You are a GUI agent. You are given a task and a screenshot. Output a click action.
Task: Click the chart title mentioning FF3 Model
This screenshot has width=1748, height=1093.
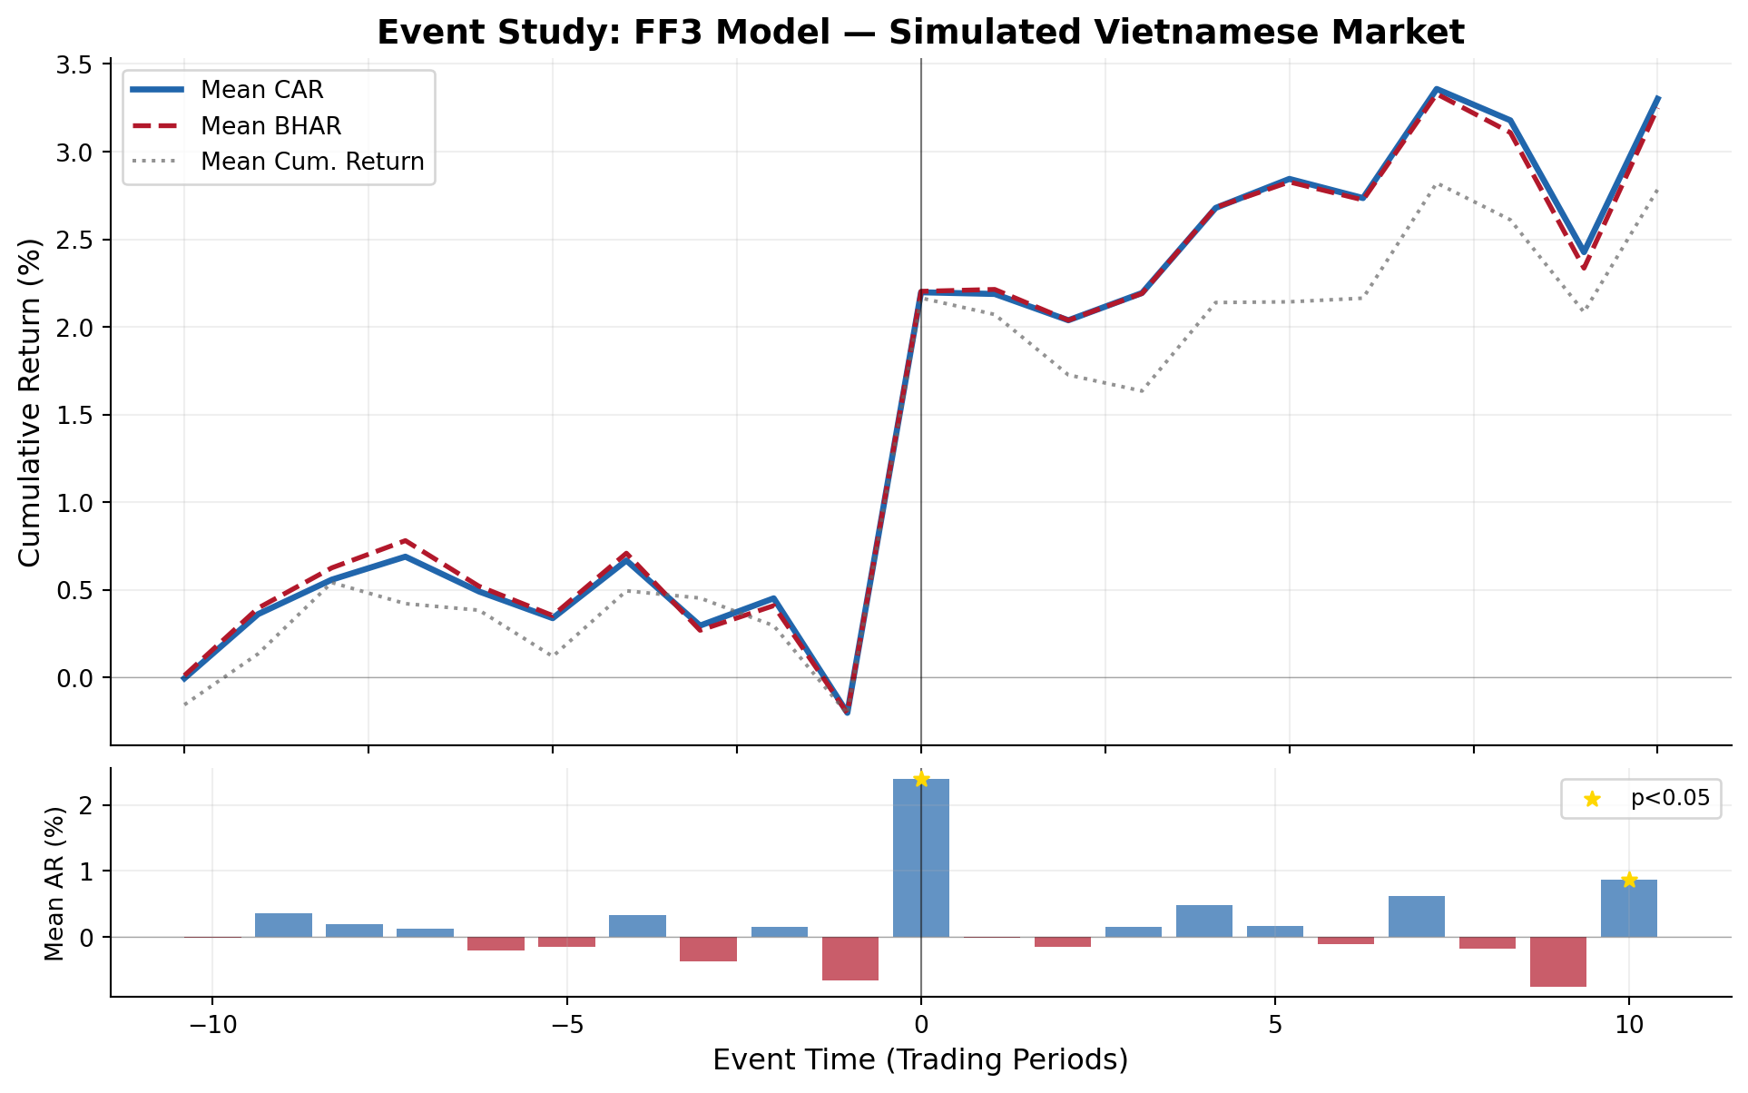point(920,33)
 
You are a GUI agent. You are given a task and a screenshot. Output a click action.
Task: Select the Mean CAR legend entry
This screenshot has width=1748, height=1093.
point(261,90)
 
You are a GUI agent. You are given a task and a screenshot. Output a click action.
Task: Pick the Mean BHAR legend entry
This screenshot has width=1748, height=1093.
point(270,126)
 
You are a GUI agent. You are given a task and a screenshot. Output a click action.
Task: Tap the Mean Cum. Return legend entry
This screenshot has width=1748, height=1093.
point(311,162)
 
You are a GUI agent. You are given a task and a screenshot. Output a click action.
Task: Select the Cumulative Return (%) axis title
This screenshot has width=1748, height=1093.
point(30,402)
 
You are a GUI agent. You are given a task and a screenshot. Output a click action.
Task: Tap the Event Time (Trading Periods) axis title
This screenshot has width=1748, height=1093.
point(920,1060)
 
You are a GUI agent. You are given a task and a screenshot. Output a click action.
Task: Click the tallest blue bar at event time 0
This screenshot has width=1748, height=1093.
point(921,858)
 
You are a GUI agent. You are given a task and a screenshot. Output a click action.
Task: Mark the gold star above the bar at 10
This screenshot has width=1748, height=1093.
point(1629,880)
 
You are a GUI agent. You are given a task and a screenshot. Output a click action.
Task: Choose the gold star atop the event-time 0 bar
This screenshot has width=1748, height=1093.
point(921,779)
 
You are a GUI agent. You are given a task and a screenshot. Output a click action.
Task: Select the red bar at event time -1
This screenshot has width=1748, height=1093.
point(850,959)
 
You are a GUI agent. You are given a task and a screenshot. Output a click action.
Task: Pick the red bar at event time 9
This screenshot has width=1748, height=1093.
point(1558,961)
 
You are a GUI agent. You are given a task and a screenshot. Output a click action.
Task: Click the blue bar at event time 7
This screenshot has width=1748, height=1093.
point(1417,917)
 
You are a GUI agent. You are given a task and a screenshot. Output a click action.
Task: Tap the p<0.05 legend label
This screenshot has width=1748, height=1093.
point(1670,799)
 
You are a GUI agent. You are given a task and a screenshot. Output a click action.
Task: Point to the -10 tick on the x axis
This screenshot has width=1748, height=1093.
point(212,1025)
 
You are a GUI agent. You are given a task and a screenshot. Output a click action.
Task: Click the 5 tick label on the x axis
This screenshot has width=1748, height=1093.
point(1275,1025)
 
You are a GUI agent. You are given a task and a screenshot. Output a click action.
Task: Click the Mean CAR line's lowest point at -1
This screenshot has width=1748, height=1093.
point(848,713)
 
